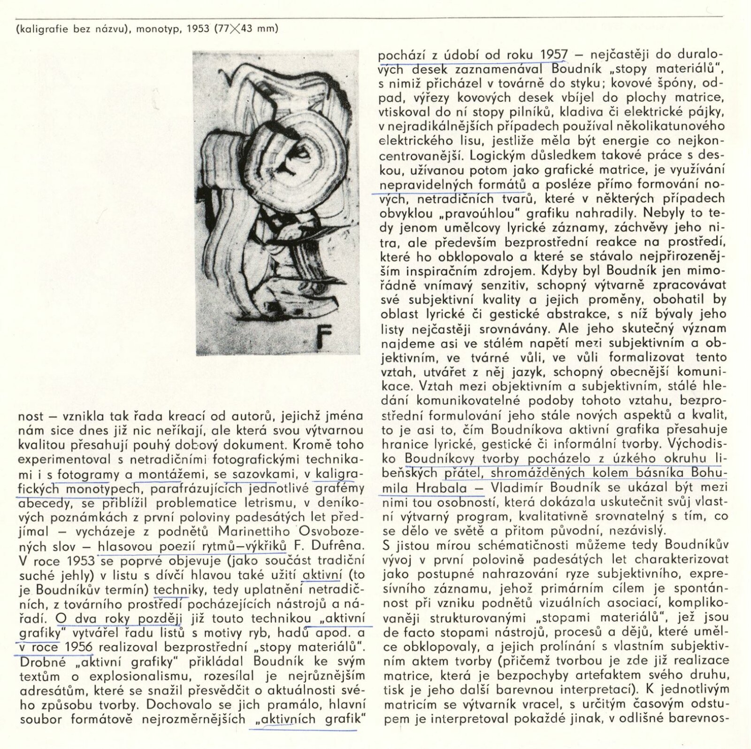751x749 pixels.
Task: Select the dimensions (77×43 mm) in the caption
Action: click(x=246, y=28)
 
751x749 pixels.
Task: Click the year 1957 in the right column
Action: click(x=553, y=55)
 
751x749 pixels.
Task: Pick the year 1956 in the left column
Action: click(x=78, y=647)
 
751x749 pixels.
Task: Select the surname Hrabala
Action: click(x=442, y=488)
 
